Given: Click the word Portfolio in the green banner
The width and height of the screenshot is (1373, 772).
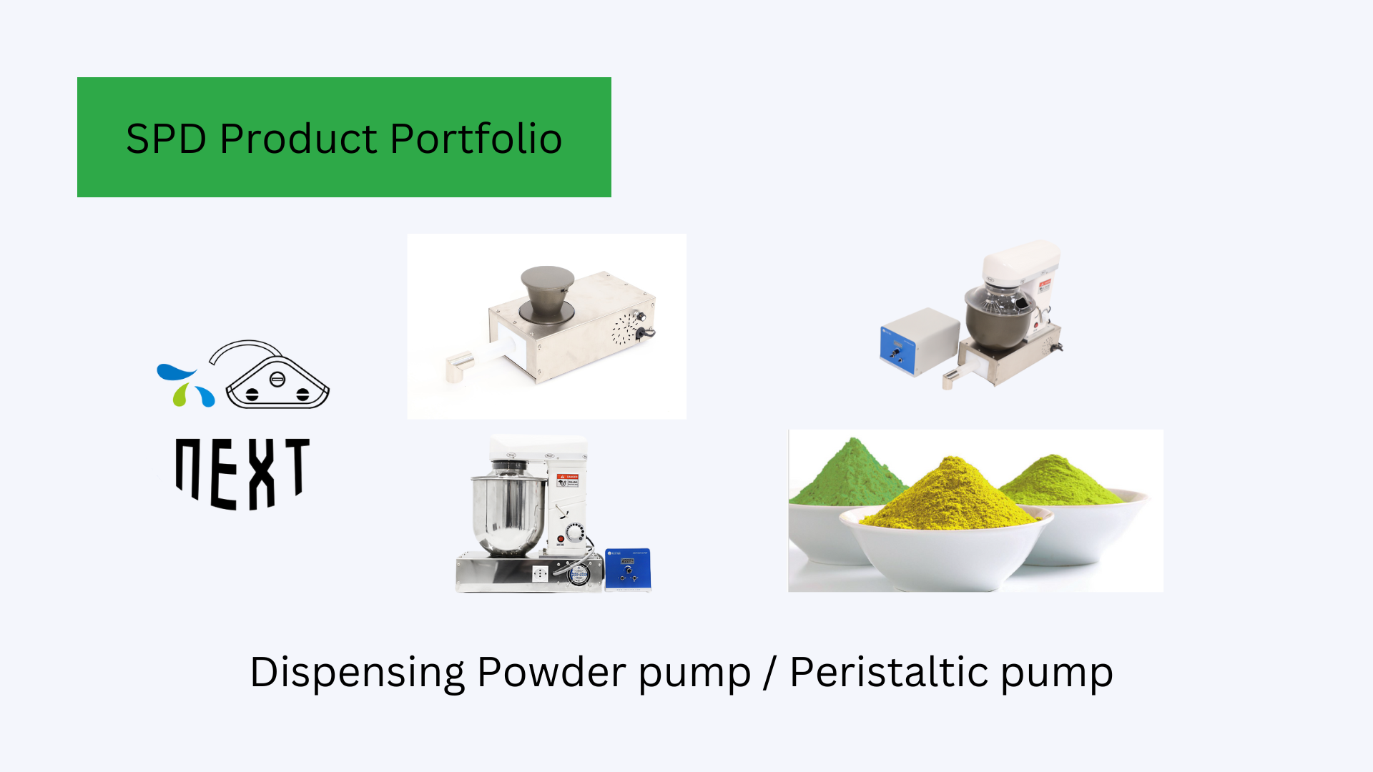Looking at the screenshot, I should pos(476,139).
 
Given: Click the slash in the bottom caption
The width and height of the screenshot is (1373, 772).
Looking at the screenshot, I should pos(769,673).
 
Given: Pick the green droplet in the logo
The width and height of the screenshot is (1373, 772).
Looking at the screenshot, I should pos(181,395).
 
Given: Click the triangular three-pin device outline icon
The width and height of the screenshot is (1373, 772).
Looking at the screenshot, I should pos(277,382).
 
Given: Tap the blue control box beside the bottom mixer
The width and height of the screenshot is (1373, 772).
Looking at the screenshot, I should pos(628,569).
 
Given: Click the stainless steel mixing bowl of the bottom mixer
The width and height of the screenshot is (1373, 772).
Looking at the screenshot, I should pos(506,511).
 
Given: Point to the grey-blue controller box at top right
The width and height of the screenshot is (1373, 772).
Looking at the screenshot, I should pos(919,340).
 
